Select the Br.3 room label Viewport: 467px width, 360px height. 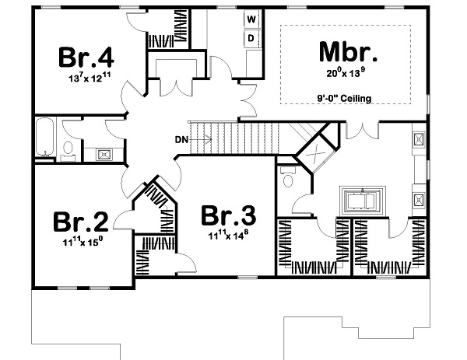coord(227,215)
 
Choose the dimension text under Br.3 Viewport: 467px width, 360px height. coord(227,235)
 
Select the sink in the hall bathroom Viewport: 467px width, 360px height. coord(102,154)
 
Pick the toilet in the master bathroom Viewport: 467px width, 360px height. coord(289,180)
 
